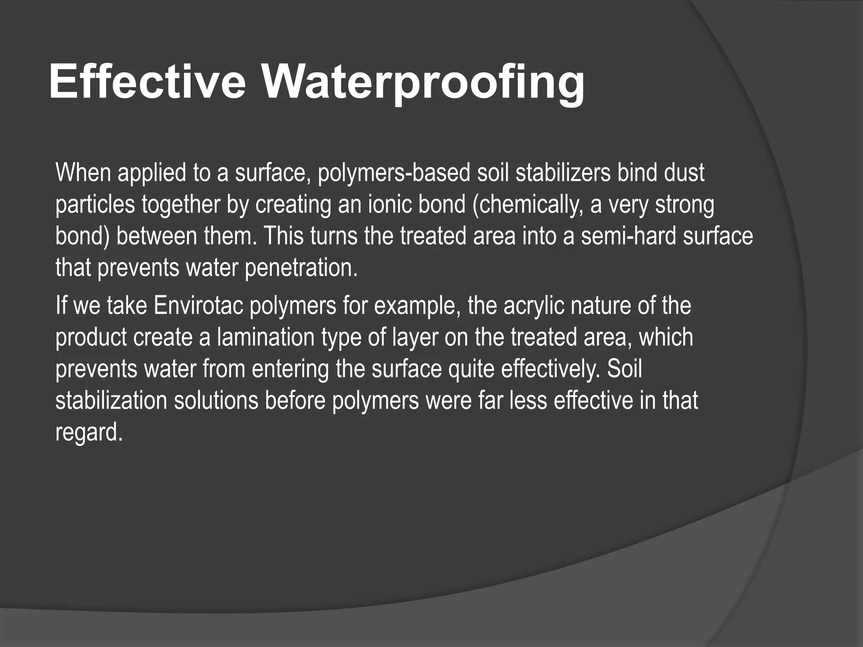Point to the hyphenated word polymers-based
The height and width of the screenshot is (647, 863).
tap(394, 174)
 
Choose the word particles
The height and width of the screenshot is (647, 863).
tap(95, 205)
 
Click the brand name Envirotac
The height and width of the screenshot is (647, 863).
tap(198, 305)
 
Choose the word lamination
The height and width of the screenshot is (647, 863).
tap(266, 337)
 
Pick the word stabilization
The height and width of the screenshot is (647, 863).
tap(111, 400)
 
